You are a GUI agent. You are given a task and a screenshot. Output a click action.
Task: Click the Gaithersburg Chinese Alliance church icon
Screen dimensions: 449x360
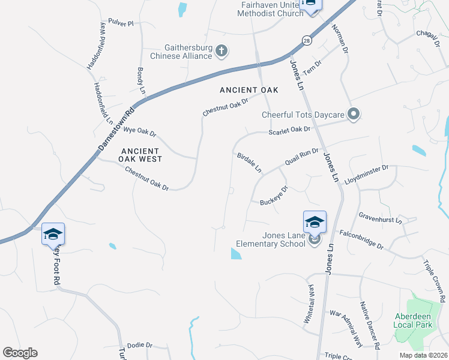(x=221, y=51)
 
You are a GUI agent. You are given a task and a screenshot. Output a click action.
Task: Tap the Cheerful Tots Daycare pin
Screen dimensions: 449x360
(x=354, y=114)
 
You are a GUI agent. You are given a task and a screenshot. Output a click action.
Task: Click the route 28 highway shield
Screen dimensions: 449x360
(x=307, y=40)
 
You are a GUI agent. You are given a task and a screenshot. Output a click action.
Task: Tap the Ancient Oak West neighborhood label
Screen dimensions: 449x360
(x=139, y=155)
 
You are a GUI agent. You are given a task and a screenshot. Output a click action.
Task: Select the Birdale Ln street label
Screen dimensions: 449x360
(x=249, y=162)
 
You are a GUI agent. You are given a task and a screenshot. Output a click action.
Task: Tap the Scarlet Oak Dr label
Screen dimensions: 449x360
(x=289, y=129)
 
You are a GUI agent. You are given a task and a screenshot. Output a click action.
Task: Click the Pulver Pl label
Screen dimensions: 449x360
(x=121, y=23)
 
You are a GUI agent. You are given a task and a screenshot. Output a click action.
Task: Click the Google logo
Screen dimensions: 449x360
(x=20, y=353)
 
